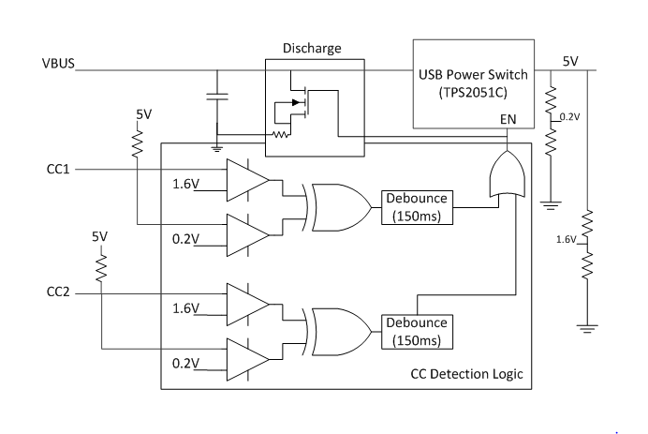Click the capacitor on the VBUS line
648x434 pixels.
point(217,97)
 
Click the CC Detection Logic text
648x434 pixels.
point(467,374)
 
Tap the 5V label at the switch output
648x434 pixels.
point(570,62)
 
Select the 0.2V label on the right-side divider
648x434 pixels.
point(568,117)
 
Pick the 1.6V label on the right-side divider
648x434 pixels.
point(565,239)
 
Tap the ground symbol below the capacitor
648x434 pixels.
point(217,147)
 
